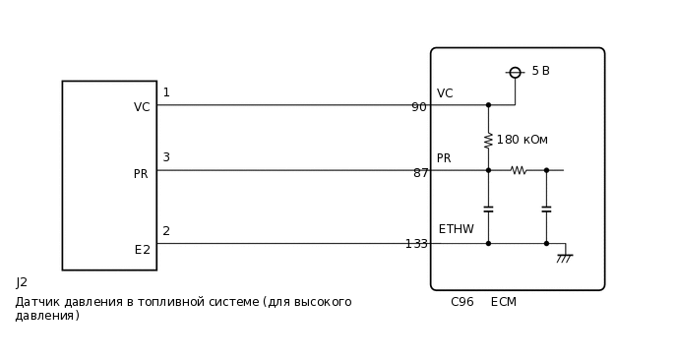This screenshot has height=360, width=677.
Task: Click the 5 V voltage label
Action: tap(540, 71)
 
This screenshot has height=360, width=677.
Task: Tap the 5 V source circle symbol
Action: tap(515, 73)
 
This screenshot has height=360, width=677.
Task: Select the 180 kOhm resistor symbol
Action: tap(488, 141)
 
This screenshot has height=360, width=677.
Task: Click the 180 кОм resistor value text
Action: tap(522, 140)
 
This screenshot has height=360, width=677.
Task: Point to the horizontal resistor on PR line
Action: tap(519, 170)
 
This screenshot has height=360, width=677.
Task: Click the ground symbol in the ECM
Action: tap(564, 258)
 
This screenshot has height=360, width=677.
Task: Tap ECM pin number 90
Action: tap(419, 107)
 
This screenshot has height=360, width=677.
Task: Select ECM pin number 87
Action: tap(420, 173)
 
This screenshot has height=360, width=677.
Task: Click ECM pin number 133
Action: tap(416, 244)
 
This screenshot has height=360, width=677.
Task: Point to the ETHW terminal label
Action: tap(456, 229)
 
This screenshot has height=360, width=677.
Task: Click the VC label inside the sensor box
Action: tap(142, 107)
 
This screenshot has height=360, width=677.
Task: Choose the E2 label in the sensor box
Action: tap(143, 250)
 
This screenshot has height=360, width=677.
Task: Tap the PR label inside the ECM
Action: tap(444, 158)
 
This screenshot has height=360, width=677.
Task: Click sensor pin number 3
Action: tap(166, 157)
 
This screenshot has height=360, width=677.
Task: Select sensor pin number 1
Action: tap(166, 92)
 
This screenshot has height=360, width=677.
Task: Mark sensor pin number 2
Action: tap(166, 231)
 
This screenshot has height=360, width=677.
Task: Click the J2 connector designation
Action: tap(22, 282)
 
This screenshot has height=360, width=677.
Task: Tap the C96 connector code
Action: tap(462, 302)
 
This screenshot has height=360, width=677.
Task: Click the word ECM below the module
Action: tap(503, 302)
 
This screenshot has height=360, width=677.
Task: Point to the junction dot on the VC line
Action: tap(488, 105)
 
